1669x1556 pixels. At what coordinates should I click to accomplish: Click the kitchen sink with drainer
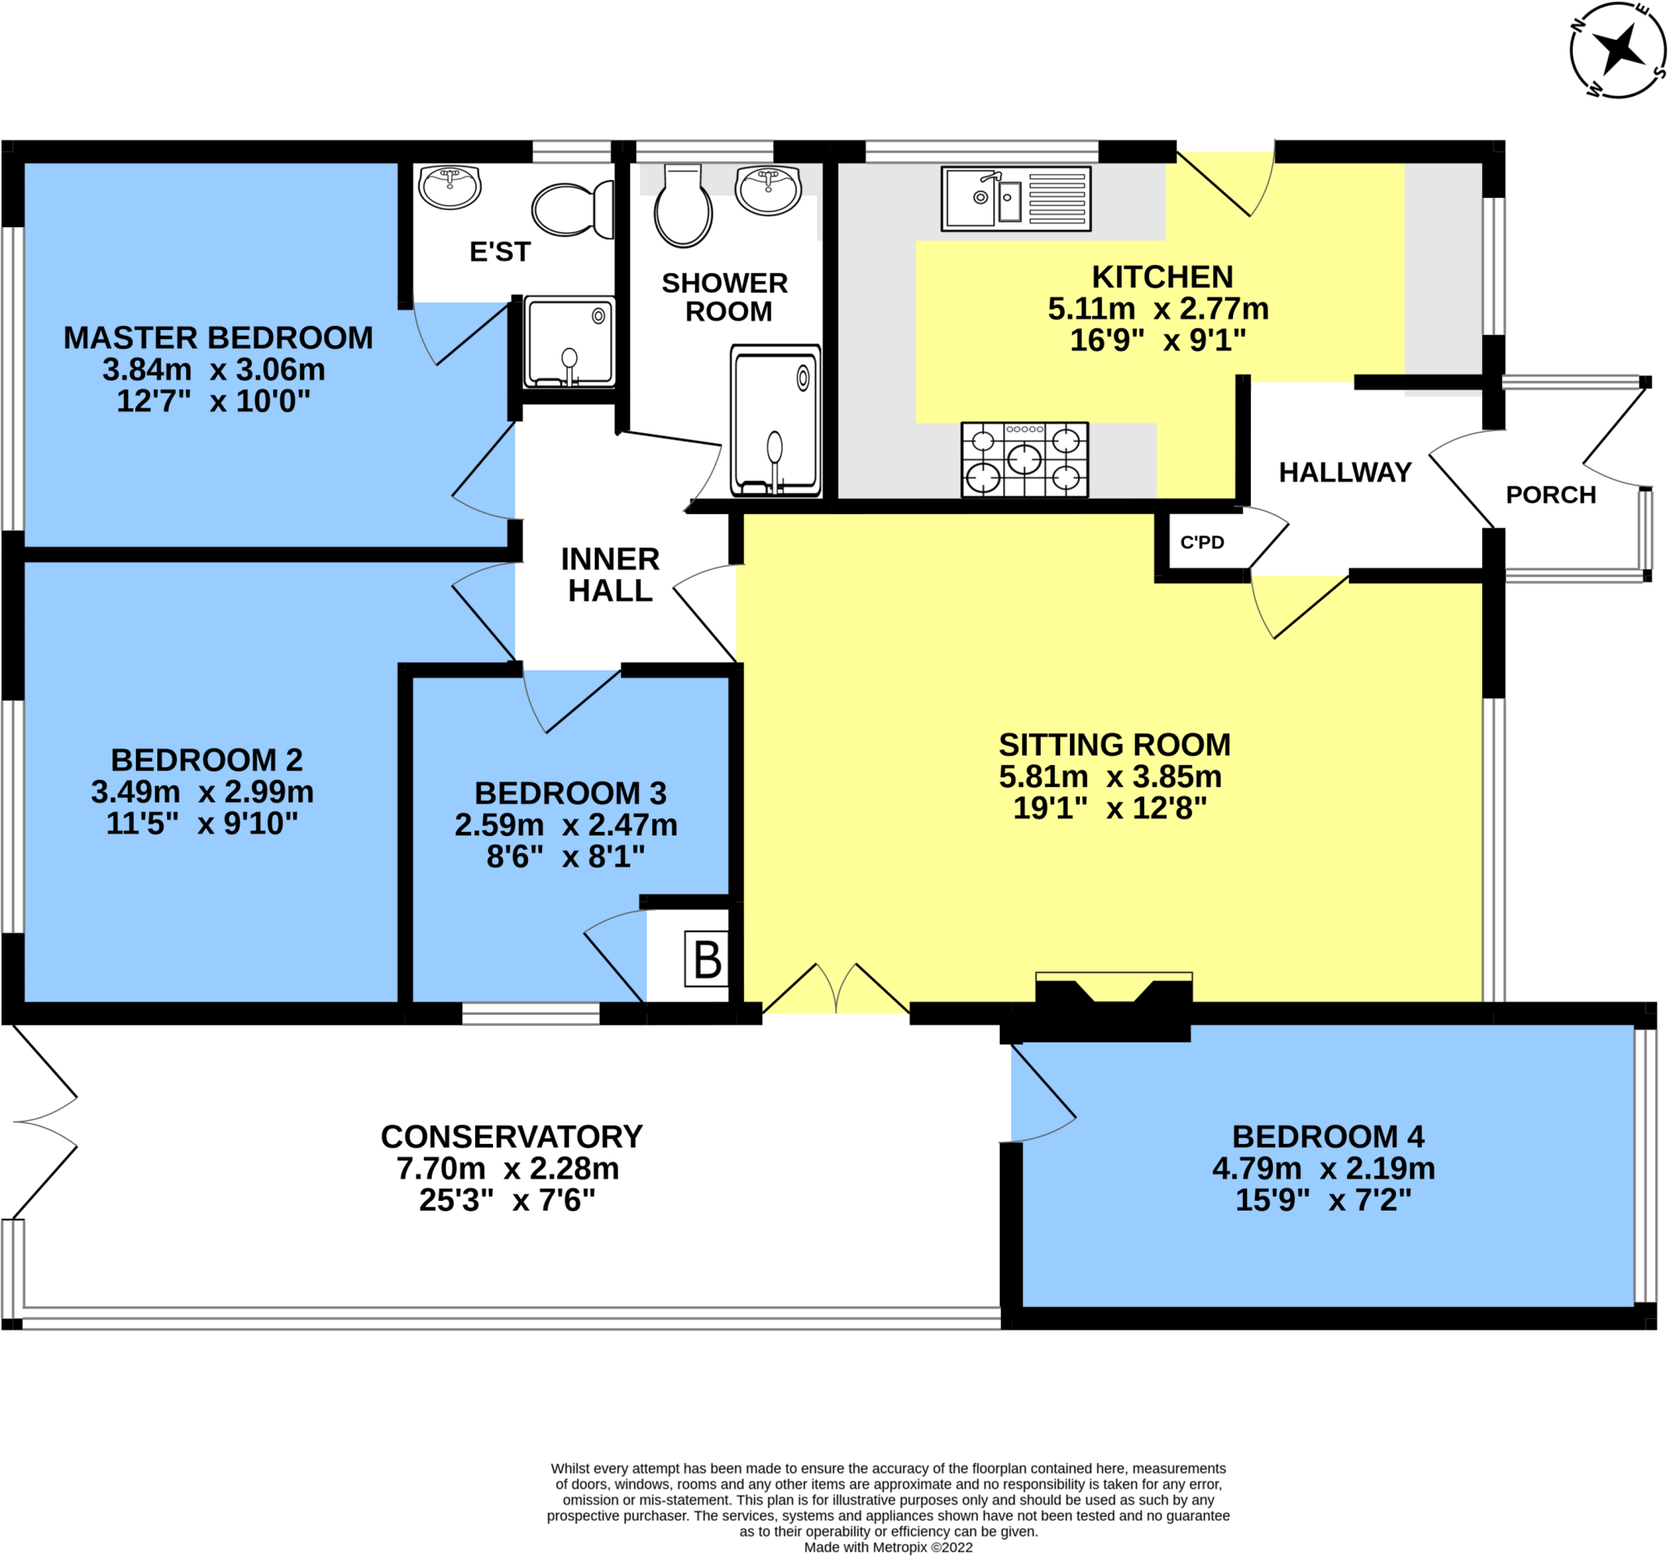(x=1016, y=198)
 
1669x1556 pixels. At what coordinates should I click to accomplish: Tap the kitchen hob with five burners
(x=1024, y=459)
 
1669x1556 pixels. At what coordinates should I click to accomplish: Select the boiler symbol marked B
(x=707, y=958)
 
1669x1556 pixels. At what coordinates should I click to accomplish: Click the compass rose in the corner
(x=1617, y=51)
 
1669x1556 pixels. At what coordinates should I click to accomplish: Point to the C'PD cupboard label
(x=1201, y=543)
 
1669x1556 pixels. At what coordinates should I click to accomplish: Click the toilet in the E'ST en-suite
(x=573, y=210)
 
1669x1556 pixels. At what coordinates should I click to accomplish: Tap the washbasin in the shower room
(x=768, y=190)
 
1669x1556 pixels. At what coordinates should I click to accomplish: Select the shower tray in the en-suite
(x=569, y=341)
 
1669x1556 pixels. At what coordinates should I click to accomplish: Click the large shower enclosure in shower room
(x=775, y=420)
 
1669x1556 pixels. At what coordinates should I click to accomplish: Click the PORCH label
(x=1551, y=495)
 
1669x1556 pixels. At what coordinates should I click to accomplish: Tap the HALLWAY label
(x=1344, y=473)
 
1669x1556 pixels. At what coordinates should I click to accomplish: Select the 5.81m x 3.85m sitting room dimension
(x=1110, y=776)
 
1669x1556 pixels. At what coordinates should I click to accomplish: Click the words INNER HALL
(x=610, y=575)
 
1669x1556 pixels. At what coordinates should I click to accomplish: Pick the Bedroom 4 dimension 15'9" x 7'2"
(x=1323, y=1199)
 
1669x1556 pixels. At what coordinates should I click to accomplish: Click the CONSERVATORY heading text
(x=511, y=1136)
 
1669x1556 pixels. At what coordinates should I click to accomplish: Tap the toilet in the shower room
(x=683, y=206)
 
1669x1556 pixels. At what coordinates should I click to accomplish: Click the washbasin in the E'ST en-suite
(x=450, y=187)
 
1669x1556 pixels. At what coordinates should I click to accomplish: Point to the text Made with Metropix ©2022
(x=888, y=1547)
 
